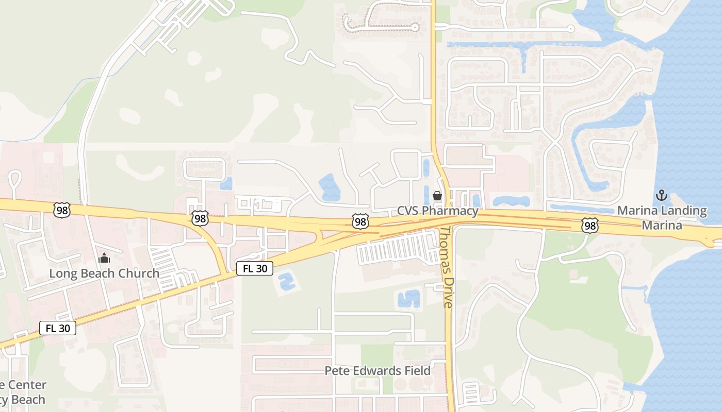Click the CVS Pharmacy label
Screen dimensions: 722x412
click(438, 211)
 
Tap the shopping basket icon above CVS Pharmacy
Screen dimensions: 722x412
click(437, 196)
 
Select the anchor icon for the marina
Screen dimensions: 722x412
click(661, 195)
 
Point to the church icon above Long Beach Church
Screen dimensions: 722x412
click(104, 258)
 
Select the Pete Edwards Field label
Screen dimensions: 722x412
click(378, 371)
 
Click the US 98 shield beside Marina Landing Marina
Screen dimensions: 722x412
click(590, 225)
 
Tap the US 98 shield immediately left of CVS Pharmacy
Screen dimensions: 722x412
click(360, 221)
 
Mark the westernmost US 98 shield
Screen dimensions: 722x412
click(61, 210)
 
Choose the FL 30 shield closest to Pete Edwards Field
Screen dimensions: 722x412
click(255, 268)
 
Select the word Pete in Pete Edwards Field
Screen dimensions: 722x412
click(336, 371)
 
